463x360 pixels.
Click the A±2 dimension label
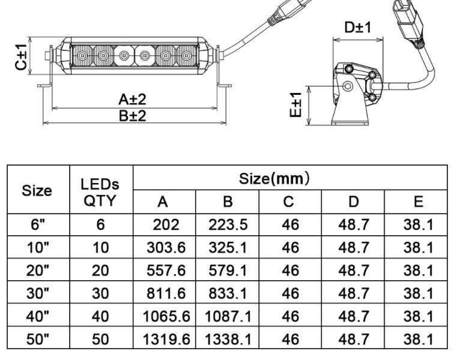(x=133, y=99)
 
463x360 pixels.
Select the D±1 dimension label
(x=358, y=27)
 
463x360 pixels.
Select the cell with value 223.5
(x=228, y=225)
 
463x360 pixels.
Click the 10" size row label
(x=38, y=248)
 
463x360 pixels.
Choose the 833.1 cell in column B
(x=228, y=293)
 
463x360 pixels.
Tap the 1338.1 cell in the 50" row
(x=228, y=339)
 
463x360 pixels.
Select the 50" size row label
(x=38, y=339)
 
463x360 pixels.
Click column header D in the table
(x=353, y=202)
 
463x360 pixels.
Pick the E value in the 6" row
(x=418, y=225)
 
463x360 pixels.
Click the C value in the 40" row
(x=290, y=316)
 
